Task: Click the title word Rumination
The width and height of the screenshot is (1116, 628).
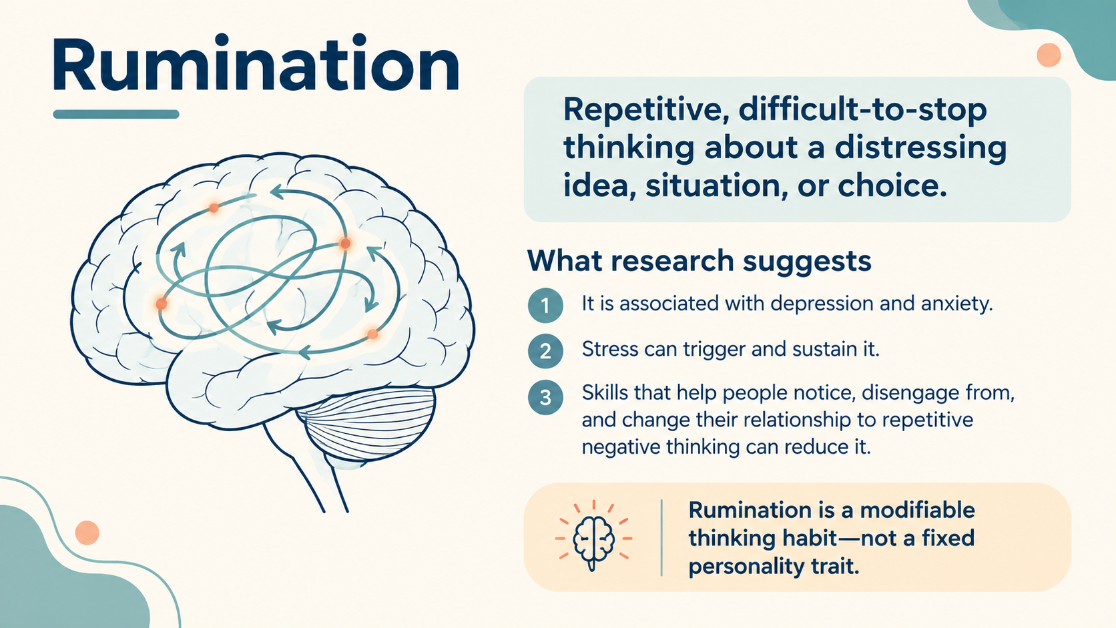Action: (x=255, y=63)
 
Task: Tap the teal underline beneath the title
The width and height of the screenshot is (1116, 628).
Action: (x=116, y=115)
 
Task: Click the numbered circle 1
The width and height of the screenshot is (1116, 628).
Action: (x=545, y=305)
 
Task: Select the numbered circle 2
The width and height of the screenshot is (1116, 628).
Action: (x=545, y=351)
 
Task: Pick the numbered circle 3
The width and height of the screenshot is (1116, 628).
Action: (x=545, y=397)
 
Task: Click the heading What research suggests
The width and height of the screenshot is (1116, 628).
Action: (x=699, y=261)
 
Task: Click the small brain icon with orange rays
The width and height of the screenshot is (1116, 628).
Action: (x=593, y=538)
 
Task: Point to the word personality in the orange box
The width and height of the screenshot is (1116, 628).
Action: (x=750, y=567)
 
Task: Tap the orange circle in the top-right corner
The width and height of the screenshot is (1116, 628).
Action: (x=1049, y=55)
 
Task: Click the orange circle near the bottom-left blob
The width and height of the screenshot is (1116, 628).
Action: (x=87, y=533)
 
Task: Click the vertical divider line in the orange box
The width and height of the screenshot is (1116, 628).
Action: (x=661, y=538)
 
